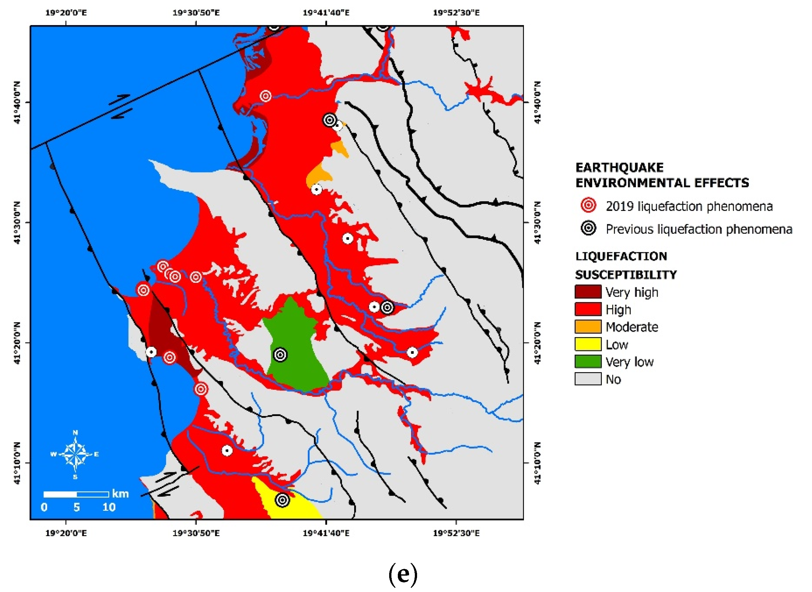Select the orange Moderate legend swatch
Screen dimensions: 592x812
[587, 326]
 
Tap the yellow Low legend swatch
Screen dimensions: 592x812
[587, 344]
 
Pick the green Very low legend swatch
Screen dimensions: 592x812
[587, 361]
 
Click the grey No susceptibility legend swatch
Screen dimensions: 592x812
[587, 379]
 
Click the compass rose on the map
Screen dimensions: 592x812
[75, 454]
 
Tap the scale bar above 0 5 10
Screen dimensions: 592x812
[76, 494]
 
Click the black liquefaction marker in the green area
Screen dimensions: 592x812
[280, 355]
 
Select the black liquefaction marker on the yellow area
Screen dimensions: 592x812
[282, 500]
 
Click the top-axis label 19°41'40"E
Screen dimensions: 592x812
[326, 13]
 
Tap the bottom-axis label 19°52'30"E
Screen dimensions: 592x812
[456, 533]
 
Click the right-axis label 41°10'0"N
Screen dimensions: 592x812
[537, 463]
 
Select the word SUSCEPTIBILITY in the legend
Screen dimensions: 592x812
[626, 275]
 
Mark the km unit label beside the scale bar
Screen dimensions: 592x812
[120, 494]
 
